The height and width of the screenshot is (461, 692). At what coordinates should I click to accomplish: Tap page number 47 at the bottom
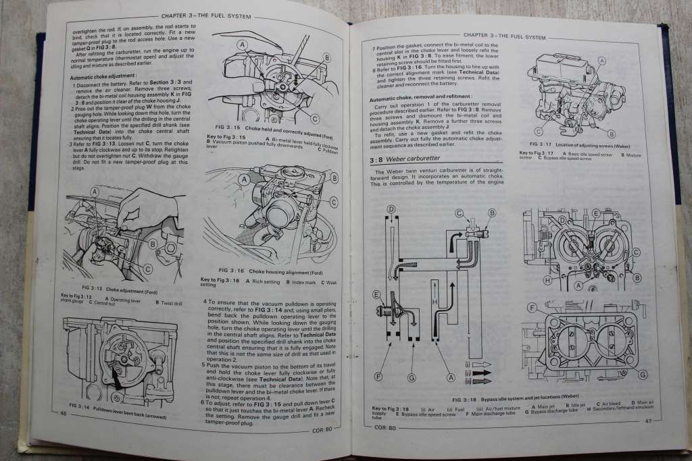[x=647, y=421]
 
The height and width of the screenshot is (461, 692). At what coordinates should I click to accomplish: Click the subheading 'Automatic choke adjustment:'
[x=103, y=76]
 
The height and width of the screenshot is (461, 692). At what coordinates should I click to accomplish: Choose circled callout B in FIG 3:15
[x=326, y=58]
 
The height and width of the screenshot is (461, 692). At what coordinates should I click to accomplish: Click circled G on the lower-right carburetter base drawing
[x=643, y=374]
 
